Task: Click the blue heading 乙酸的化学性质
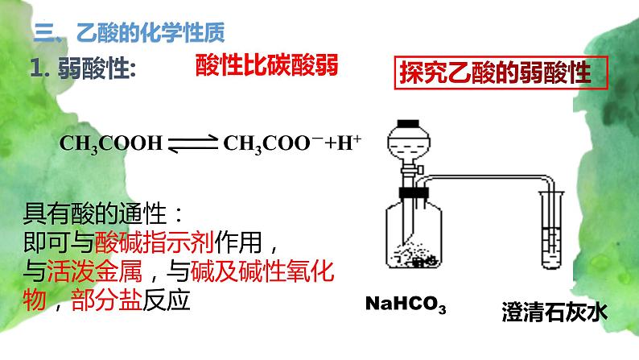point(150,32)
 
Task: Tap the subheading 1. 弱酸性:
point(83,68)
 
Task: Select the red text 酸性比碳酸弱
point(267,65)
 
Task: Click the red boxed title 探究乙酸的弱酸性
point(496,73)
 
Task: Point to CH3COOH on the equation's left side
point(111,143)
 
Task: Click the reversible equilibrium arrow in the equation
point(193,143)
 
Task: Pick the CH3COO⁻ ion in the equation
point(273,143)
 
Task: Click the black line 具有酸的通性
point(94,213)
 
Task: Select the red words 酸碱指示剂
point(155,242)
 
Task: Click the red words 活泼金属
point(94,271)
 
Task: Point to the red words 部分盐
point(106,300)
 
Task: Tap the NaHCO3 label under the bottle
point(406,304)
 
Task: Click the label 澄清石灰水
point(554,312)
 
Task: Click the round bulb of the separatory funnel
point(409,143)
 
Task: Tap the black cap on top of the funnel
point(409,123)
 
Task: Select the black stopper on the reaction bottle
point(414,192)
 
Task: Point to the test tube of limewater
point(552,230)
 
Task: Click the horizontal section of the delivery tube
point(485,177)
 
